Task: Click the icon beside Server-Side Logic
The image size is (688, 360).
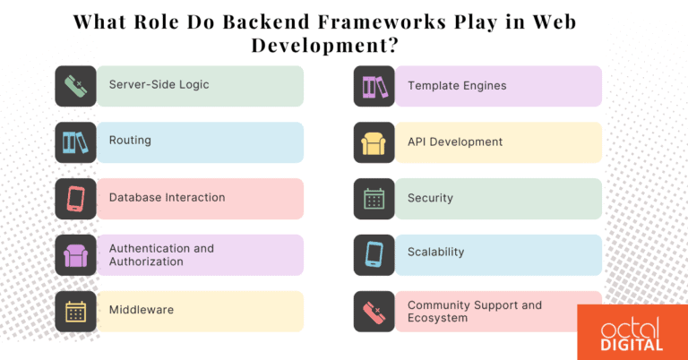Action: tap(75, 86)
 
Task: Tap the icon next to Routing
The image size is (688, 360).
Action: tap(75, 142)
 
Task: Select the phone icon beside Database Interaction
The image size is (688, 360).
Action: tap(75, 199)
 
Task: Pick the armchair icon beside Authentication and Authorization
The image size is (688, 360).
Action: tap(75, 255)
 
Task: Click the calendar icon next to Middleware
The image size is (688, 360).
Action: tap(75, 311)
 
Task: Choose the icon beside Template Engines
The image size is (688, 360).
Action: tap(374, 86)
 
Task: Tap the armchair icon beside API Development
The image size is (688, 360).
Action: tap(374, 142)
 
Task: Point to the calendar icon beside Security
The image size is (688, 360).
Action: tap(374, 199)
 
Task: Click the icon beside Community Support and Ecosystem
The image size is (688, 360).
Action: tap(374, 311)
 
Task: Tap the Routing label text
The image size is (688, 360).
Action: tap(130, 141)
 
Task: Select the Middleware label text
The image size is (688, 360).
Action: tap(141, 310)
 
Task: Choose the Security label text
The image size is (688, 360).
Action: tap(430, 198)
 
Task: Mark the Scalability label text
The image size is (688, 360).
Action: tap(435, 253)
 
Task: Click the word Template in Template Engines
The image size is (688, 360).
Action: tap(433, 86)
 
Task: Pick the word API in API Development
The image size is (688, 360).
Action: tap(418, 141)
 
